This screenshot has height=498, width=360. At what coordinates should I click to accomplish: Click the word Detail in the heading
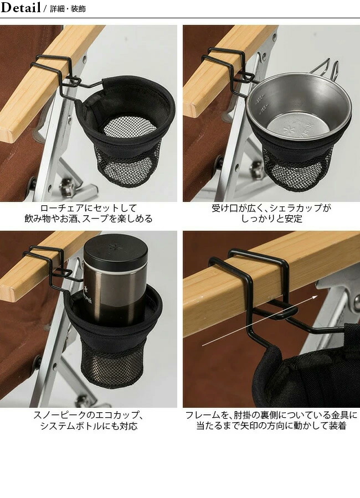20,8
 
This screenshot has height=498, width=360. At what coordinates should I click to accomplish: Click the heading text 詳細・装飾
68,9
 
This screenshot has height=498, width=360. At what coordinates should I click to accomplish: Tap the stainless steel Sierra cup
297,105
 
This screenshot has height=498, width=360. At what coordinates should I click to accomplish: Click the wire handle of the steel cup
327,68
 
